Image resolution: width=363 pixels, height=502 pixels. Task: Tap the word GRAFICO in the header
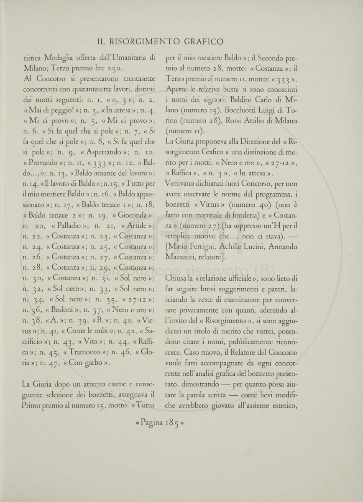(202, 41)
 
